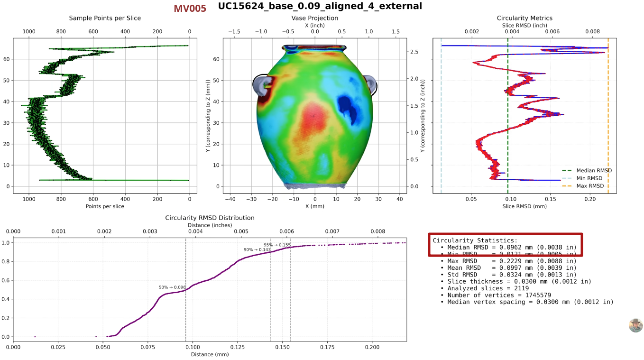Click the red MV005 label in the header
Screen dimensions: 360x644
click(190, 9)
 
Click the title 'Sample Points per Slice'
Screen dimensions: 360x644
click(105, 18)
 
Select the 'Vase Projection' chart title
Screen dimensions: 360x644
click(314, 18)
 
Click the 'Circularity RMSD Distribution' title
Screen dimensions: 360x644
click(210, 218)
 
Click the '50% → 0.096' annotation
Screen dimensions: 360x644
click(172, 287)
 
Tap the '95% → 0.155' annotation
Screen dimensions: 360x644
click(277, 245)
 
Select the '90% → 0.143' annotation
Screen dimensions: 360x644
click(257, 249)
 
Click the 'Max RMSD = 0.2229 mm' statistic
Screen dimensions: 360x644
click(508, 261)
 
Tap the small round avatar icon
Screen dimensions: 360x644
click(635, 325)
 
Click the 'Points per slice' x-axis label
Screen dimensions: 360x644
click(105, 206)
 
